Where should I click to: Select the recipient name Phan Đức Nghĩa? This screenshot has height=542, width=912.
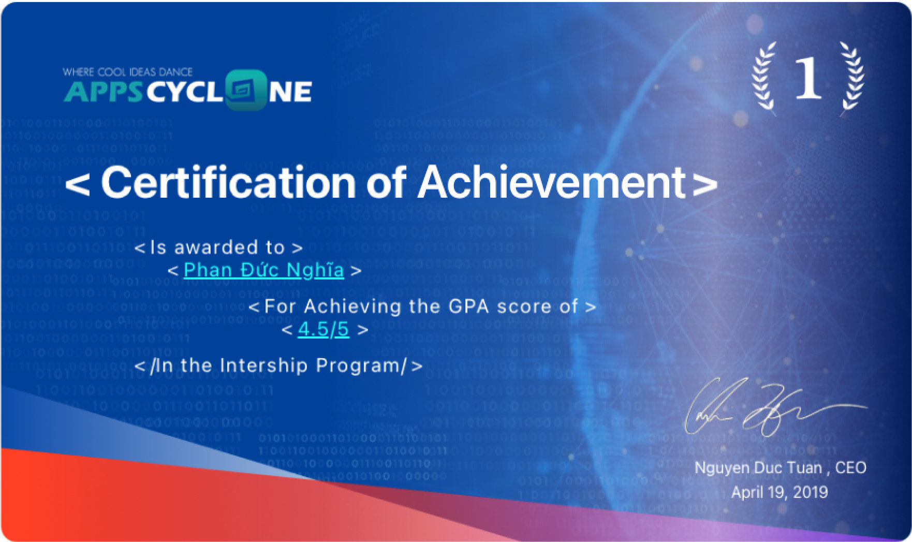pos(263,270)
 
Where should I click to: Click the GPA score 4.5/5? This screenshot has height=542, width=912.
pos(323,329)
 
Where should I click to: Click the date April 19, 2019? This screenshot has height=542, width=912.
pos(779,492)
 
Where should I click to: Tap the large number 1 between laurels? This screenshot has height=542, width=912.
pos(808,78)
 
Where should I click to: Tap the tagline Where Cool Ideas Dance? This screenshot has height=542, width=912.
pos(127,72)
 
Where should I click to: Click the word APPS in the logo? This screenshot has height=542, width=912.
pos(104,92)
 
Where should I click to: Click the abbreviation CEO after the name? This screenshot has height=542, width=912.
pos(850,468)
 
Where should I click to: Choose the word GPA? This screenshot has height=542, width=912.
pos(468,306)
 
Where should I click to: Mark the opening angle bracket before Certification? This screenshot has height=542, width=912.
pos(78,185)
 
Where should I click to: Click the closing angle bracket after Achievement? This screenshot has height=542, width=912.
pos(704,185)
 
